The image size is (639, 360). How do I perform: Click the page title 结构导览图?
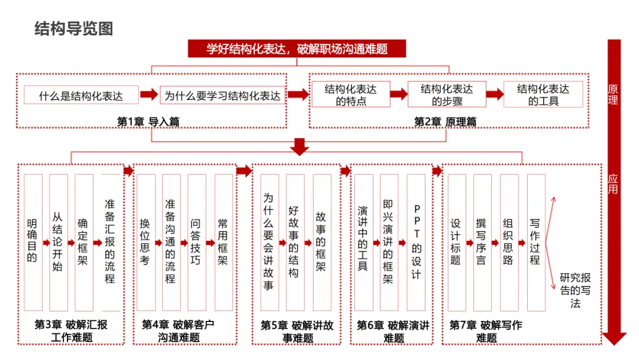point(74,28)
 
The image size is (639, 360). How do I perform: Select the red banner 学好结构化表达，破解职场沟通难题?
point(297,49)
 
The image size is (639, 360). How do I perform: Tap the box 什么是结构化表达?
point(81,95)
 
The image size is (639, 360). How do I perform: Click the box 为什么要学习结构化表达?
point(222,95)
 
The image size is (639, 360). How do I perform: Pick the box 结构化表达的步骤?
point(447,95)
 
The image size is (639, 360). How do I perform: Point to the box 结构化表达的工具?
point(543,95)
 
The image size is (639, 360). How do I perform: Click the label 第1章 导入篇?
point(148,121)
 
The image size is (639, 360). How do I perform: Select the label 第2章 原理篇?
point(445,121)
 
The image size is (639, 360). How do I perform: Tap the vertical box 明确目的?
point(33,242)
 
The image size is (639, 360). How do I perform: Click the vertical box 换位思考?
point(146,242)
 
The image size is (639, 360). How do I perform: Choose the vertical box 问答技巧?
point(196,242)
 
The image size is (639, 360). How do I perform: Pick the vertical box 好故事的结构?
point(295,242)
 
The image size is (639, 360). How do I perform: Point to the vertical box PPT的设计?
point(417,242)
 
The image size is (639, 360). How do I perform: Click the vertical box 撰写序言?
point(482,242)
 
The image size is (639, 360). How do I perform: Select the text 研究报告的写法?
point(575,290)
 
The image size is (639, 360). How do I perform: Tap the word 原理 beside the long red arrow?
point(613,95)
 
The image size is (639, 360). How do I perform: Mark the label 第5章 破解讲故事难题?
point(296,332)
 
